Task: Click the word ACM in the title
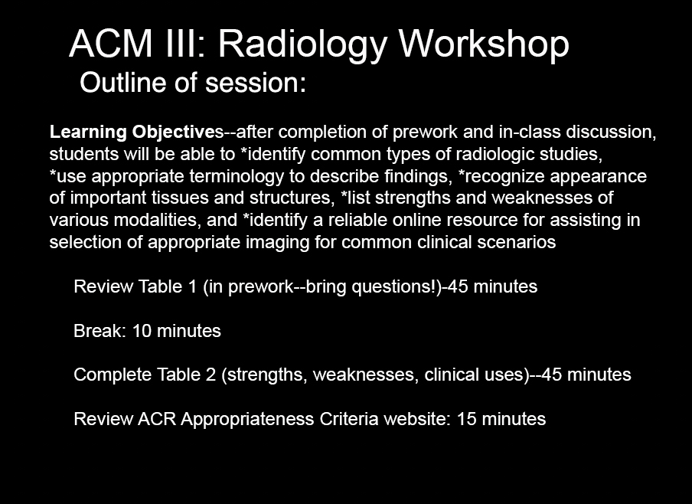110,44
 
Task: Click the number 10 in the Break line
142,331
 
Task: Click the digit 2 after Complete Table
211,375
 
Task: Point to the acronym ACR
157,419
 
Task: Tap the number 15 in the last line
466,419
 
